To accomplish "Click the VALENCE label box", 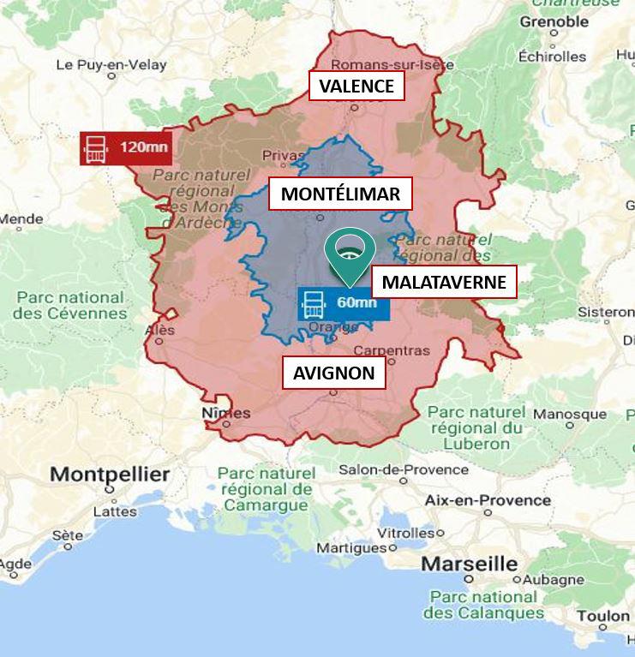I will (x=356, y=87).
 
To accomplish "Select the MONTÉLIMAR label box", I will (x=340, y=194).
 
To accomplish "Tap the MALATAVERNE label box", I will (x=444, y=282).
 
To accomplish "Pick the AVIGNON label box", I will (x=333, y=373).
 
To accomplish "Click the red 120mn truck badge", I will (x=125, y=147).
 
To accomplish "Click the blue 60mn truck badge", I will (x=343, y=303).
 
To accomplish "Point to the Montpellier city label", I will (x=110, y=474).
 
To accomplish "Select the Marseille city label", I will (x=469, y=564).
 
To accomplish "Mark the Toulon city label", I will (x=602, y=616).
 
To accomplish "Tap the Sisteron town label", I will (x=606, y=312).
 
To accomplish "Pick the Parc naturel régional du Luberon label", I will (x=476, y=427).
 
